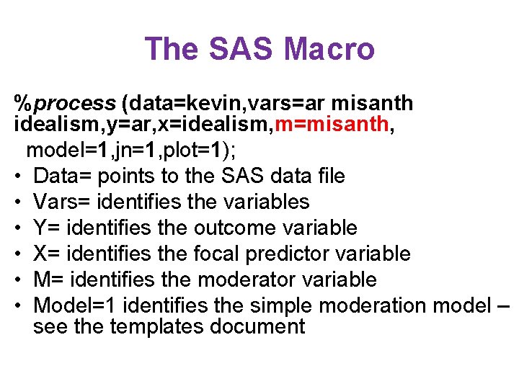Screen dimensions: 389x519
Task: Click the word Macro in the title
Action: [x=329, y=49]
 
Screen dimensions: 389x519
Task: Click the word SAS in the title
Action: [x=242, y=49]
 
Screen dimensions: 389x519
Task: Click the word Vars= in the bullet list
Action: [x=63, y=202]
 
